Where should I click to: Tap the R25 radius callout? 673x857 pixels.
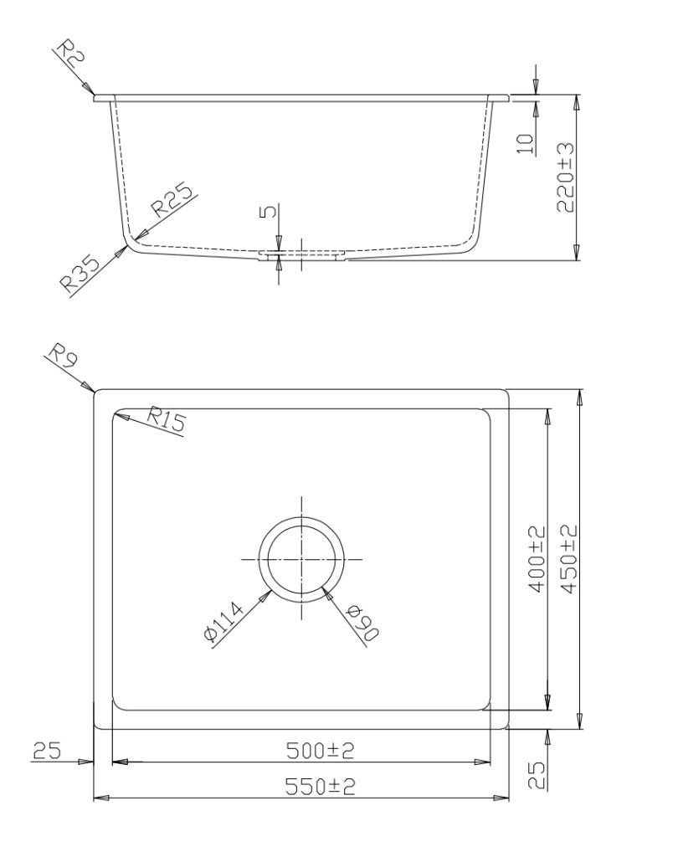(171, 203)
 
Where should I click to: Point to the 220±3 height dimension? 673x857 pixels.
(566, 177)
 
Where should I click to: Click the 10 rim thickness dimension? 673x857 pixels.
(525, 141)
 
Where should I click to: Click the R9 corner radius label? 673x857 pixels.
(61, 357)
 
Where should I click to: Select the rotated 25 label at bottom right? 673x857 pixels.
(538, 774)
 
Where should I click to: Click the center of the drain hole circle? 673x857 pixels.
(301, 558)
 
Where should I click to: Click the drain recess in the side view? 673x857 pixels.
(301, 254)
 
